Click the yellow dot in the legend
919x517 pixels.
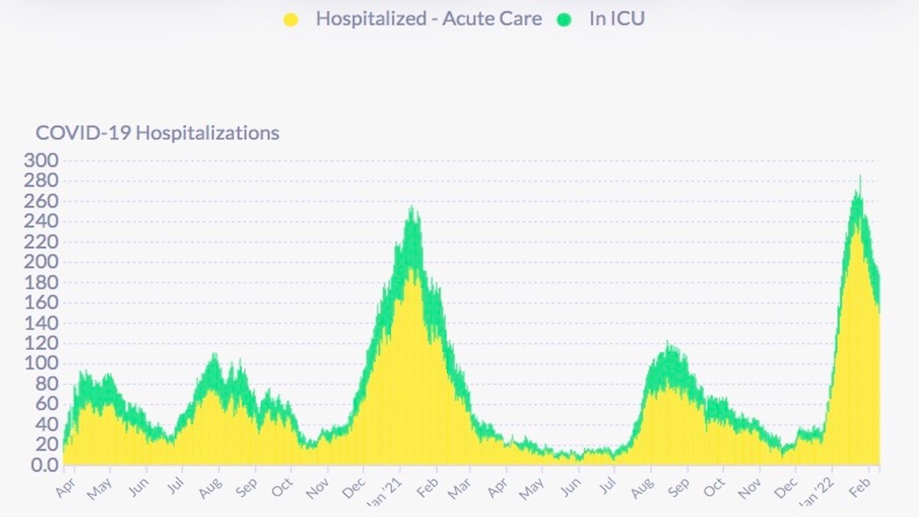[x=290, y=20]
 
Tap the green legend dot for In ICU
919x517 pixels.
[x=565, y=20]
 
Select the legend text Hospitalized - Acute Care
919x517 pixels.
[x=428, y=19]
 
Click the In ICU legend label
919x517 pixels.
[x=616, y=19]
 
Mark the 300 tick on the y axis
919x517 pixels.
[x=41, y=161]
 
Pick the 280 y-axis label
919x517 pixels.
[x=41, y=181]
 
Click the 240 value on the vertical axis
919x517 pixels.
[x=41, y=221]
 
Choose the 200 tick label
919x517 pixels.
[x=41, y=262]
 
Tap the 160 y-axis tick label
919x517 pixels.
[x=41, y=303]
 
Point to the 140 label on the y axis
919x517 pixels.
[x=41, y=323]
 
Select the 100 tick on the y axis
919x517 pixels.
[x=41, y=364]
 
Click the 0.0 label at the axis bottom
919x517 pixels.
[x=44, y=465]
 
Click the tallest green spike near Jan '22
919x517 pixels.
[x=860, y=178]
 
